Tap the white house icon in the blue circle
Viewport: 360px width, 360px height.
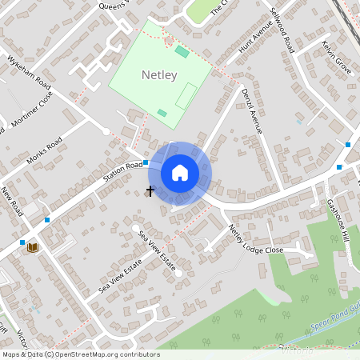coord(180,173)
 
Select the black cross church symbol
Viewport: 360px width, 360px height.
coord(150,191)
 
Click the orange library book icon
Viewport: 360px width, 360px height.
coord(32,247)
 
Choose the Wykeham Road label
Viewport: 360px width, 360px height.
coord(30,74)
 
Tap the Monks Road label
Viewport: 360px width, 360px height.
coord(44,151)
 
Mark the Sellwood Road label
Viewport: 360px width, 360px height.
coord(283,33)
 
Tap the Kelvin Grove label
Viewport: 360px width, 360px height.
coord(337,56)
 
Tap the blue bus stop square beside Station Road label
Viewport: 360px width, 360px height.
coord(146,162)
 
